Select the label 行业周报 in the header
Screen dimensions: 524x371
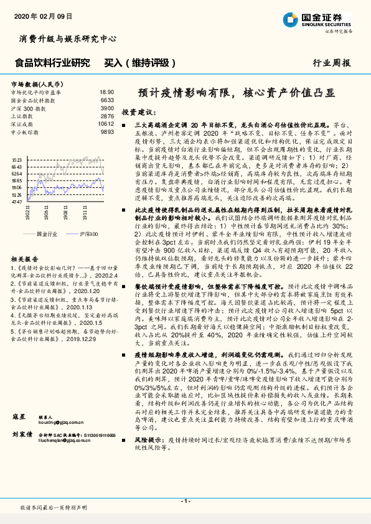[332, 63]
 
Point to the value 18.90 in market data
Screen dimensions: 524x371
[106, 91]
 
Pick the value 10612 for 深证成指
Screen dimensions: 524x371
[106, 124]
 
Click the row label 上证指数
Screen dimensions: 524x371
[22, 116]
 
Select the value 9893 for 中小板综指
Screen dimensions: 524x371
[106, 132]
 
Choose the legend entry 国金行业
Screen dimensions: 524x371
[47, 233]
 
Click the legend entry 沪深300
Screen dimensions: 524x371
[90, 233]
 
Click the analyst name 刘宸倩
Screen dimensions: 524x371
[21, 468]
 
